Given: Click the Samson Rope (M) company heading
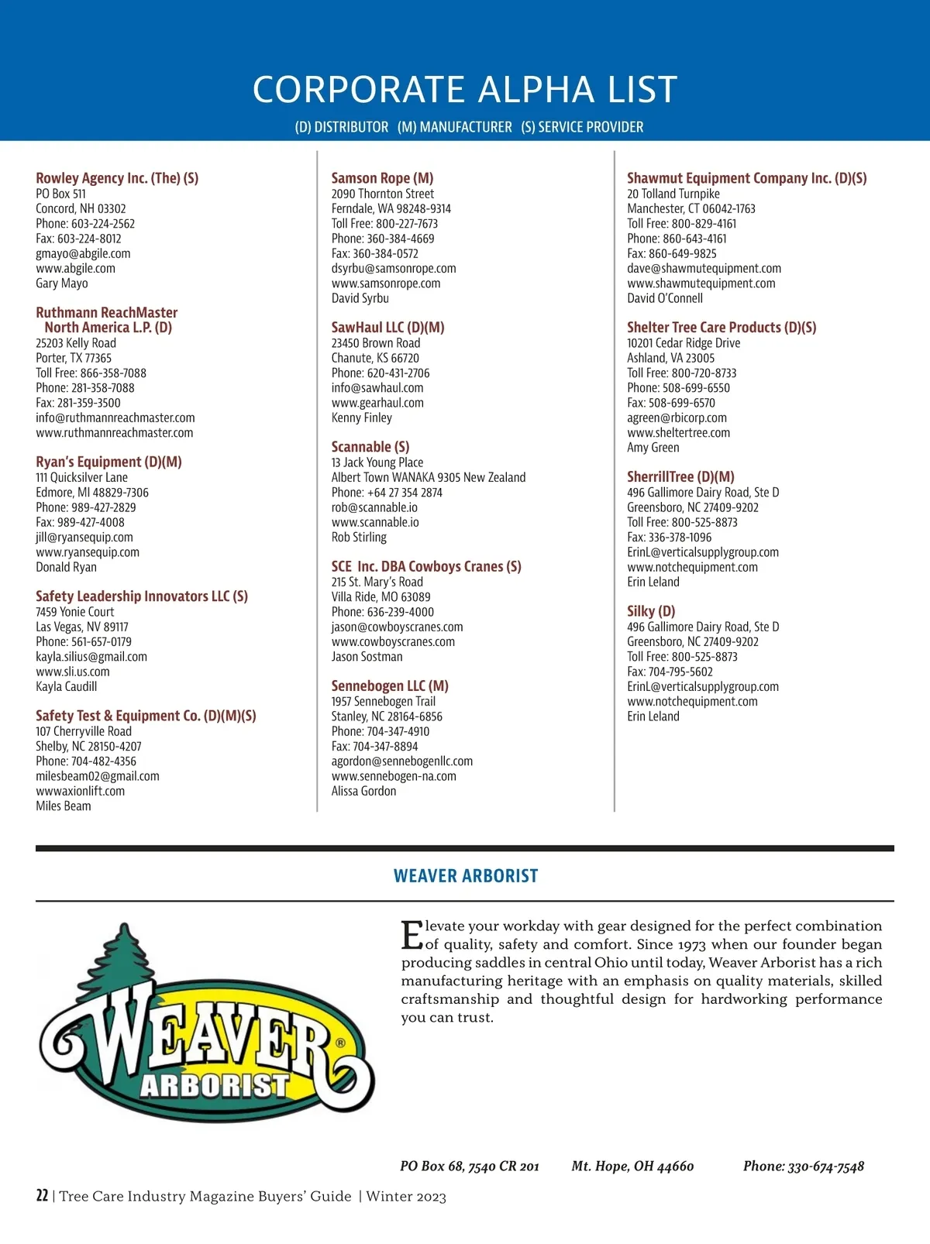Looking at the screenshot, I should coord(382,178).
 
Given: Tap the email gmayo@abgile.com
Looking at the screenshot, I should coord(83,253).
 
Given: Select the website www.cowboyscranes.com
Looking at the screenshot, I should coord(393,641).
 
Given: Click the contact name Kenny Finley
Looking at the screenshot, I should coord(362,418).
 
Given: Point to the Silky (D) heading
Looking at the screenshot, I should coord(651,611).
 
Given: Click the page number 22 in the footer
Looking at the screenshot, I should coord(42,1195).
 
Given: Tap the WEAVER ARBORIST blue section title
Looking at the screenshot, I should coord(465,876).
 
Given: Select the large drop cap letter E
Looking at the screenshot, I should coord(412,935).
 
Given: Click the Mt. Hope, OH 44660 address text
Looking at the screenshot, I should coord(632,1166).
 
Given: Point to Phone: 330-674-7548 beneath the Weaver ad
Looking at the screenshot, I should coord(803,1166).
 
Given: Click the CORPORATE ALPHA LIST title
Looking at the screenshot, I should coord(465,89).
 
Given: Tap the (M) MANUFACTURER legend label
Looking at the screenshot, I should coord(455,127).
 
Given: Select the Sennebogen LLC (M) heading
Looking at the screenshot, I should coord(390,686).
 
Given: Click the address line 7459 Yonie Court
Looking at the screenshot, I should coord(74,612).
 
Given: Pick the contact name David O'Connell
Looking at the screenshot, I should coord(665,298).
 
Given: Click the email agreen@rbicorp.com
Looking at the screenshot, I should coord(677,418).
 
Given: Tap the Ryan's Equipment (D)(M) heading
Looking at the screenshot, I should coord(108,462).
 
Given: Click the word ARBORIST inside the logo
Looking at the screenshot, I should coord(214,1085).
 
